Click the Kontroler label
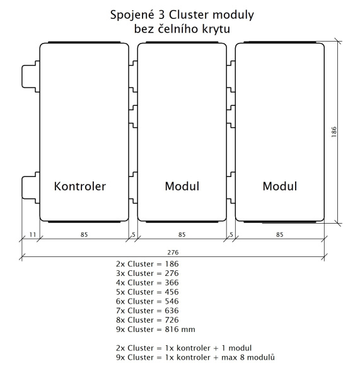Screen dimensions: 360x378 pos(80,186)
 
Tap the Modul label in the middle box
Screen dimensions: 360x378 pos(182,186)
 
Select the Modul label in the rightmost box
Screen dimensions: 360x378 pos(280,186)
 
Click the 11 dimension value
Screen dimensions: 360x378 pos(33,234)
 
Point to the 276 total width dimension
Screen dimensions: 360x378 pos(173,253)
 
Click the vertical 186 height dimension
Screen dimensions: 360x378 pos(334,132)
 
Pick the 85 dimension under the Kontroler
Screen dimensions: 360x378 pos(84,234)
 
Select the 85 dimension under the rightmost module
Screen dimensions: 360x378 pos(280,234)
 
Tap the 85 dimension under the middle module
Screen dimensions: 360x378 pos(182,234)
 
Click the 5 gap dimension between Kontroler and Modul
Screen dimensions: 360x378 pos(134,234)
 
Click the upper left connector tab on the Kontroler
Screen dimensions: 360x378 pos(31,76)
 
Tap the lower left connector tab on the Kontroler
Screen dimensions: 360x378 pos(31,188)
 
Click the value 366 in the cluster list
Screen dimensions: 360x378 pos(171,282)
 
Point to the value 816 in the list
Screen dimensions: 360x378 pos(171,329)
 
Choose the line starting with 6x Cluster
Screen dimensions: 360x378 pos(148,301)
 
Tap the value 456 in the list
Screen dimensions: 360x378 pos(171,292)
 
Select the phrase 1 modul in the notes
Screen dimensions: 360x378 pos(236,348)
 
